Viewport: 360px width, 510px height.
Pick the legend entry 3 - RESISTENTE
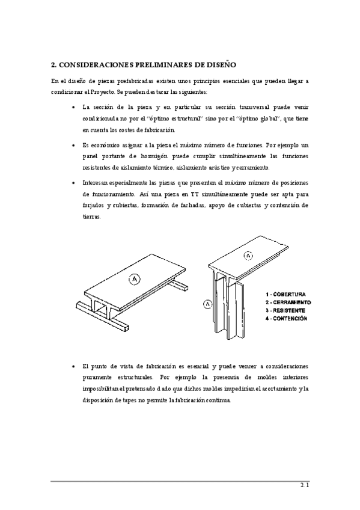286,310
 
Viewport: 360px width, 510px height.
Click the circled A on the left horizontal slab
135,278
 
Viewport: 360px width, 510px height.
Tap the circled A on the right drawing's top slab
249,256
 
